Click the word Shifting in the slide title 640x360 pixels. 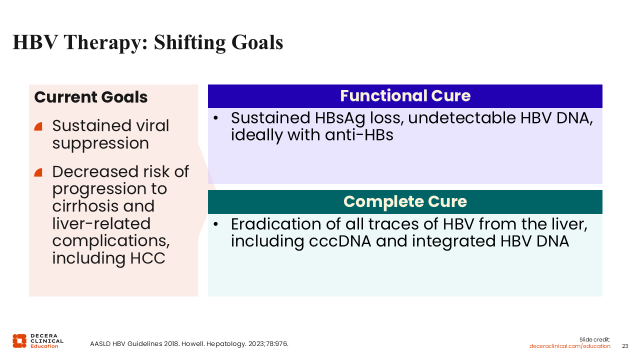[189, 43]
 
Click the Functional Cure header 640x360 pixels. [405, 95]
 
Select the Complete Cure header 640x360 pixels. [405, 201]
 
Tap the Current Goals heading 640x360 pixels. [91, 97]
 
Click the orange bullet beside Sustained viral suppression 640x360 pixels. [38, 126]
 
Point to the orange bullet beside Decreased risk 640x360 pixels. [38, 172]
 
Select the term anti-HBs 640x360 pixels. [359, 135]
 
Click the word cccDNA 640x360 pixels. [340, 241]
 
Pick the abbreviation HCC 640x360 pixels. [147, 258]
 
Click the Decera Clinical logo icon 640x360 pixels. [19, 341]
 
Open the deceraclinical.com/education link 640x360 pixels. [569, 346]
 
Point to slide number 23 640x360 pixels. [625, 346]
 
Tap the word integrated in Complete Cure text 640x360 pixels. [453, 241]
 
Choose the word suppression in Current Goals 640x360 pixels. [100, 143]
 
